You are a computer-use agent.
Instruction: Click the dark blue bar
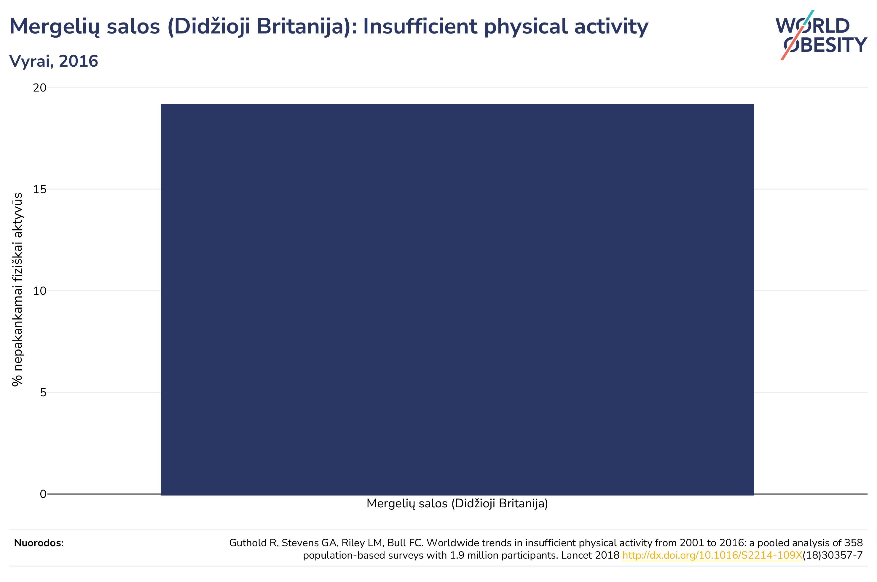point(457,299)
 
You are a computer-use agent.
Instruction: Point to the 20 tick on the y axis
point(40,88)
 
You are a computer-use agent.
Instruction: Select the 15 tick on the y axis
point(40,190)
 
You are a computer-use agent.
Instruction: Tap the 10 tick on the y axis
point(40,291)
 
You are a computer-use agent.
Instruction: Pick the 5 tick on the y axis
point(43,393)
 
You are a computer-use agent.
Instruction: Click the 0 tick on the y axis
point(43,494)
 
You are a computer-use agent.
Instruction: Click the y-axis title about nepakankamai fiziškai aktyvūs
point(17,289)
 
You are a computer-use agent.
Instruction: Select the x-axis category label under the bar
point(457,504)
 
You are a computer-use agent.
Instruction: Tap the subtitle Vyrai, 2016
point(53,61)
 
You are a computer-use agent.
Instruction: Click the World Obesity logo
point(821,35)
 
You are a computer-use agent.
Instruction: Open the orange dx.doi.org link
point(712,556)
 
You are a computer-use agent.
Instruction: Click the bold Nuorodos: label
point(39,543)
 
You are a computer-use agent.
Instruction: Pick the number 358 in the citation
point(854,543)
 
